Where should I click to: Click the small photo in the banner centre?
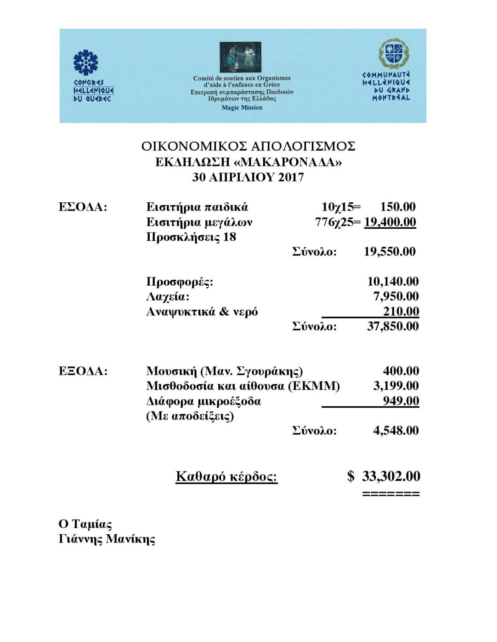(240, 57)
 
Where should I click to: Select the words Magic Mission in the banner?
(242, 108)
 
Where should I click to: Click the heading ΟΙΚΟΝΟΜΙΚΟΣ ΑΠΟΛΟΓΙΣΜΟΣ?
(248, 146)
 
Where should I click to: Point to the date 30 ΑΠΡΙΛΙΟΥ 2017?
(248, 177)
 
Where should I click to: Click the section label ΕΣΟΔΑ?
(83, 207)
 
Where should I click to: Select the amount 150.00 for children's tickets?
(398, 207)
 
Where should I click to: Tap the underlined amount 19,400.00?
(390, 222)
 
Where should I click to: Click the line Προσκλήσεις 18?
(191, 237)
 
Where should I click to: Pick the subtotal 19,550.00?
(390, 251)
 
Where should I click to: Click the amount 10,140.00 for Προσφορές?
(393, 282)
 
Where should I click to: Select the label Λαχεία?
(168, 297)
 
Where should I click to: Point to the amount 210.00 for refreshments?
(401, 312)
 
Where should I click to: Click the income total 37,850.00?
(393, 327)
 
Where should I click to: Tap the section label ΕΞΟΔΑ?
(83, 371)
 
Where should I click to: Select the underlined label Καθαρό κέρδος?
(226, 477)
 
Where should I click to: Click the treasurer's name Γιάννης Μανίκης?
(107, 539)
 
